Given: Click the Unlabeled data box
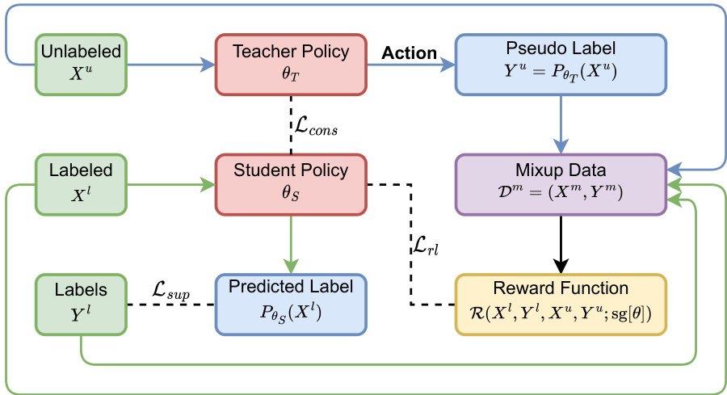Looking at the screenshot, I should pyautogui.click(x=80, y=62).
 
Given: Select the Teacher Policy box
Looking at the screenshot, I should pyautogui.click(x=291, y=62).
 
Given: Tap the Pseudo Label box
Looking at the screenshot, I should pyautogui.click(x=561, y=62).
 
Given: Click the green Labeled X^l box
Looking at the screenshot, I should pyautogui.click(x=80, y=183).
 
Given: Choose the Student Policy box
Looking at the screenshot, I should pyautogui.click(x=291, y=183).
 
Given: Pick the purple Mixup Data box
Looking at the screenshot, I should pyautogui.click(x=561, y=185).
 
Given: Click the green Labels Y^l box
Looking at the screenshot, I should pyautogui.click(x=80, y=305).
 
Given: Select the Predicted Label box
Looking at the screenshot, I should pyautogui.click(x=291, y=305).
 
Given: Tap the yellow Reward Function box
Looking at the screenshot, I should pyautogui.click(x=561, y=305).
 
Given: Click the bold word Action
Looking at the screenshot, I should pyautogui.click(x=409, y=53).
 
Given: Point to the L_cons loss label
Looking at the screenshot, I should pyautogui.click(x=315, y=128).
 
